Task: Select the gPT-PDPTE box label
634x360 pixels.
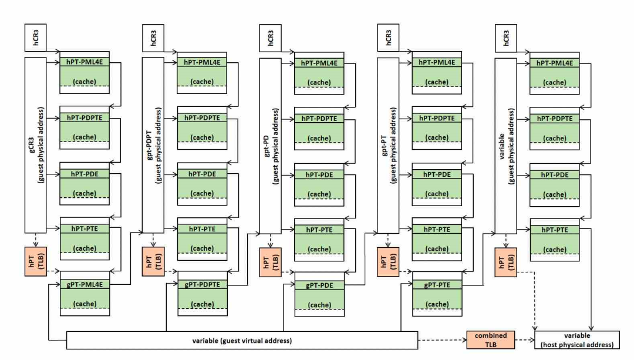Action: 203,285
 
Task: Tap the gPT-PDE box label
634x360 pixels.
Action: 319,285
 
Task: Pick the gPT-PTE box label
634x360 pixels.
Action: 437,285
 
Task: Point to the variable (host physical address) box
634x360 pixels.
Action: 575,340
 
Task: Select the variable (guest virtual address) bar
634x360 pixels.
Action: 242,340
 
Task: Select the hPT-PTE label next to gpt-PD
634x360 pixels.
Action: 319,230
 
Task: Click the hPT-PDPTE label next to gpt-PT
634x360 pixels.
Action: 437,118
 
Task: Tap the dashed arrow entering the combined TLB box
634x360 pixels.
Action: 443,340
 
